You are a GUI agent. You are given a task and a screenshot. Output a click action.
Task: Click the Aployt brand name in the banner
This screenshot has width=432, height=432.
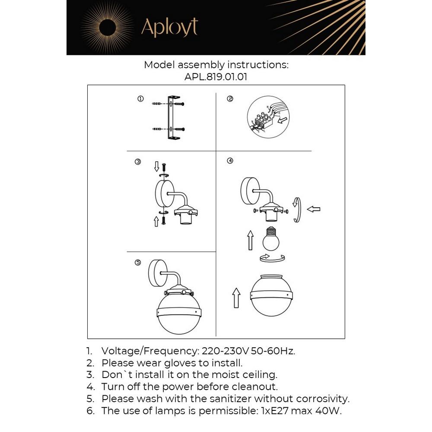[x=169, y=28]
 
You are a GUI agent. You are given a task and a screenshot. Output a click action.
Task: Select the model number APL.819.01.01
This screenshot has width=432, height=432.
[x=216, y=76]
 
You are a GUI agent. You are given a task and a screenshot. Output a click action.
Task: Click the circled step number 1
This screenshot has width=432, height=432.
[x=140, y=99]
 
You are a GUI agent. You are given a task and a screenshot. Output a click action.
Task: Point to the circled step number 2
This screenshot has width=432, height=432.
[x=230, y=99]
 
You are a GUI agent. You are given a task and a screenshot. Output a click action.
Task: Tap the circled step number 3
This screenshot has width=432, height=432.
[x=138, y=162]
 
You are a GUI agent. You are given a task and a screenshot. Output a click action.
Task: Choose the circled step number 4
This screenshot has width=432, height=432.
[x=230, y=161]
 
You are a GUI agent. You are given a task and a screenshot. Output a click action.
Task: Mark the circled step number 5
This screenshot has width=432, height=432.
[x=138, y=262]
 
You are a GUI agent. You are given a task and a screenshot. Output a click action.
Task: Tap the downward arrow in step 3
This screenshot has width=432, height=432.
[x=156, y=166]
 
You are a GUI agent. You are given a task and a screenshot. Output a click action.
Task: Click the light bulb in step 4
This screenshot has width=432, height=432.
[x=271, y=239]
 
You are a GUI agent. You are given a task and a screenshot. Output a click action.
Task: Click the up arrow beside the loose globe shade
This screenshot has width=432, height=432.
[x=236, y=298]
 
